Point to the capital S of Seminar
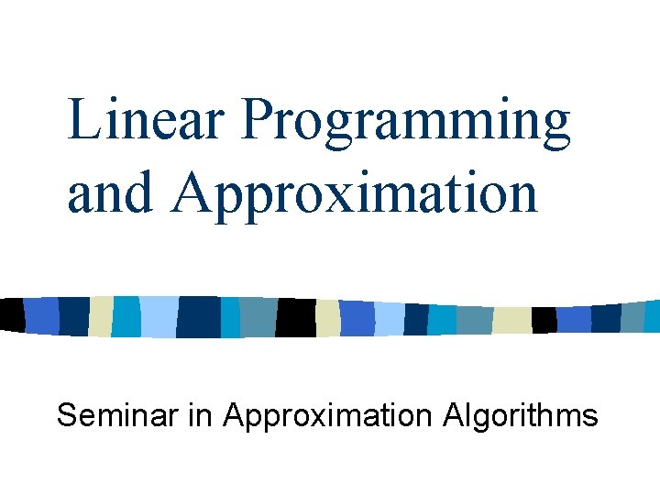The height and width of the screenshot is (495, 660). click(67, 415)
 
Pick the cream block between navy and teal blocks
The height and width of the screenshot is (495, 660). click(101, 316)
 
